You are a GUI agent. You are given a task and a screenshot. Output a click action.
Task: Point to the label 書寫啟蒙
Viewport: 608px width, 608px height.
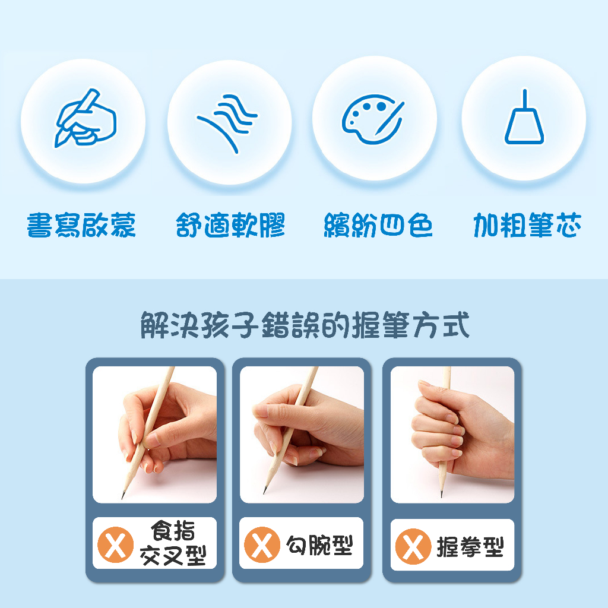(x=81, y=225)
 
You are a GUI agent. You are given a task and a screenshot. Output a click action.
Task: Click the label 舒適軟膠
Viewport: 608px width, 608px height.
(x=230, y=225)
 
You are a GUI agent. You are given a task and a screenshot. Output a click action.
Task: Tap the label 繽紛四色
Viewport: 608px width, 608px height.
(x=378, y=225)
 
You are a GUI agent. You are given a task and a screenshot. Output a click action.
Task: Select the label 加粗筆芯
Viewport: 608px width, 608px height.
(x=527, y=225)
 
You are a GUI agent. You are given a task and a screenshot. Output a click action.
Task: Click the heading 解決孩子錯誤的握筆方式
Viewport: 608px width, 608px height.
(x=305, y=325)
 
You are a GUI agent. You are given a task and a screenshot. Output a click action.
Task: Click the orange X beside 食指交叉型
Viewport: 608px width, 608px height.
(x=115, y=544)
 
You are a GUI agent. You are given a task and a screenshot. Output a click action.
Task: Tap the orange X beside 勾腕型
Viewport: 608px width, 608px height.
(x=262, y=544)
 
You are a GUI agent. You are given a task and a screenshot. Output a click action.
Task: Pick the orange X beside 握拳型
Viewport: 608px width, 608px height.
(x=413, y=546)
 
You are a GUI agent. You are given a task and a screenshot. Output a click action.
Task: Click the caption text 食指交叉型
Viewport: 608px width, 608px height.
(x=173, y=543)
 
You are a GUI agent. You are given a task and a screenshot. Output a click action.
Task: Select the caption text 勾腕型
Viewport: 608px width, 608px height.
(x=319, y=545)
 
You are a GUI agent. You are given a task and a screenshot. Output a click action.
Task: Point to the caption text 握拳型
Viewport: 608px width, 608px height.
(x=470, y=547)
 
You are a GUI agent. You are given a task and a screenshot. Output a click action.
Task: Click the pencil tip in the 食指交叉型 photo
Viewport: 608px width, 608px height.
(x=123, y=497)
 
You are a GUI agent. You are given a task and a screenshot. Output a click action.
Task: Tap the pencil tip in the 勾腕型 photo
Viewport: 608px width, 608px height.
(x=265, y=492)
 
